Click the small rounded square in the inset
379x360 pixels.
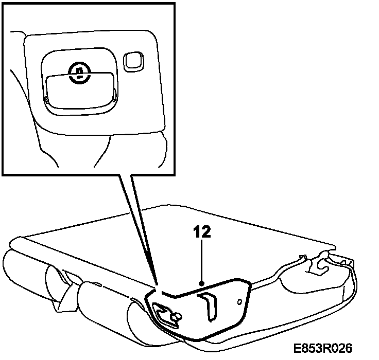click(x=133, y=61)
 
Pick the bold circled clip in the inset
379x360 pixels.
click(x=78, y=71)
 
